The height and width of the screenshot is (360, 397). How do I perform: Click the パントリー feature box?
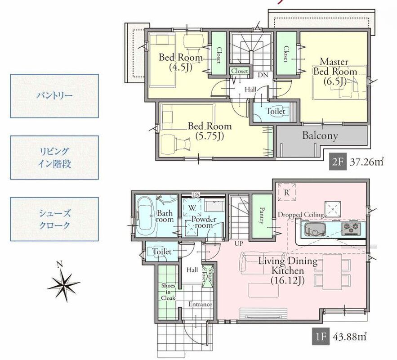coord(54,96)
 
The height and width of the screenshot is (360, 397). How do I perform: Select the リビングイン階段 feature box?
coord(54,157)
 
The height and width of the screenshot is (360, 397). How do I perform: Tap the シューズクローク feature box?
coord(54,219)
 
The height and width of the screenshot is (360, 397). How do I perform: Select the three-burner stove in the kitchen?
coord(351,228)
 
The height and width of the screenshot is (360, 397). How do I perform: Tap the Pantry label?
coord(262,216)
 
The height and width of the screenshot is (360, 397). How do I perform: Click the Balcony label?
coord(320,135)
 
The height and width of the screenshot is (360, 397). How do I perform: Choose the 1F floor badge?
coord(321,337)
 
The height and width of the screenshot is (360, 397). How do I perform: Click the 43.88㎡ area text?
coord(350,337)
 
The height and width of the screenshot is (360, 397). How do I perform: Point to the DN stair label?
coord(263,75)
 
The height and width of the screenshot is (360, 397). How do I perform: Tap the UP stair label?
coord(238,244)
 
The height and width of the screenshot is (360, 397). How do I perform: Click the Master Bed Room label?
coord(335,72)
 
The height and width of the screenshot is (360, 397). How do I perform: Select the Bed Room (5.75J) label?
coord(210,131)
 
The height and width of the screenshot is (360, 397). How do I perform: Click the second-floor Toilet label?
coord(275,111)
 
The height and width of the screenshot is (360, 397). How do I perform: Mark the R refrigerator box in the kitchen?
coord(286,192)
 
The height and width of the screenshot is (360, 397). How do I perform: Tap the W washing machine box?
coord(192,207)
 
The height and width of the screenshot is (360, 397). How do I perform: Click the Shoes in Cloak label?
coord(168,292)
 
